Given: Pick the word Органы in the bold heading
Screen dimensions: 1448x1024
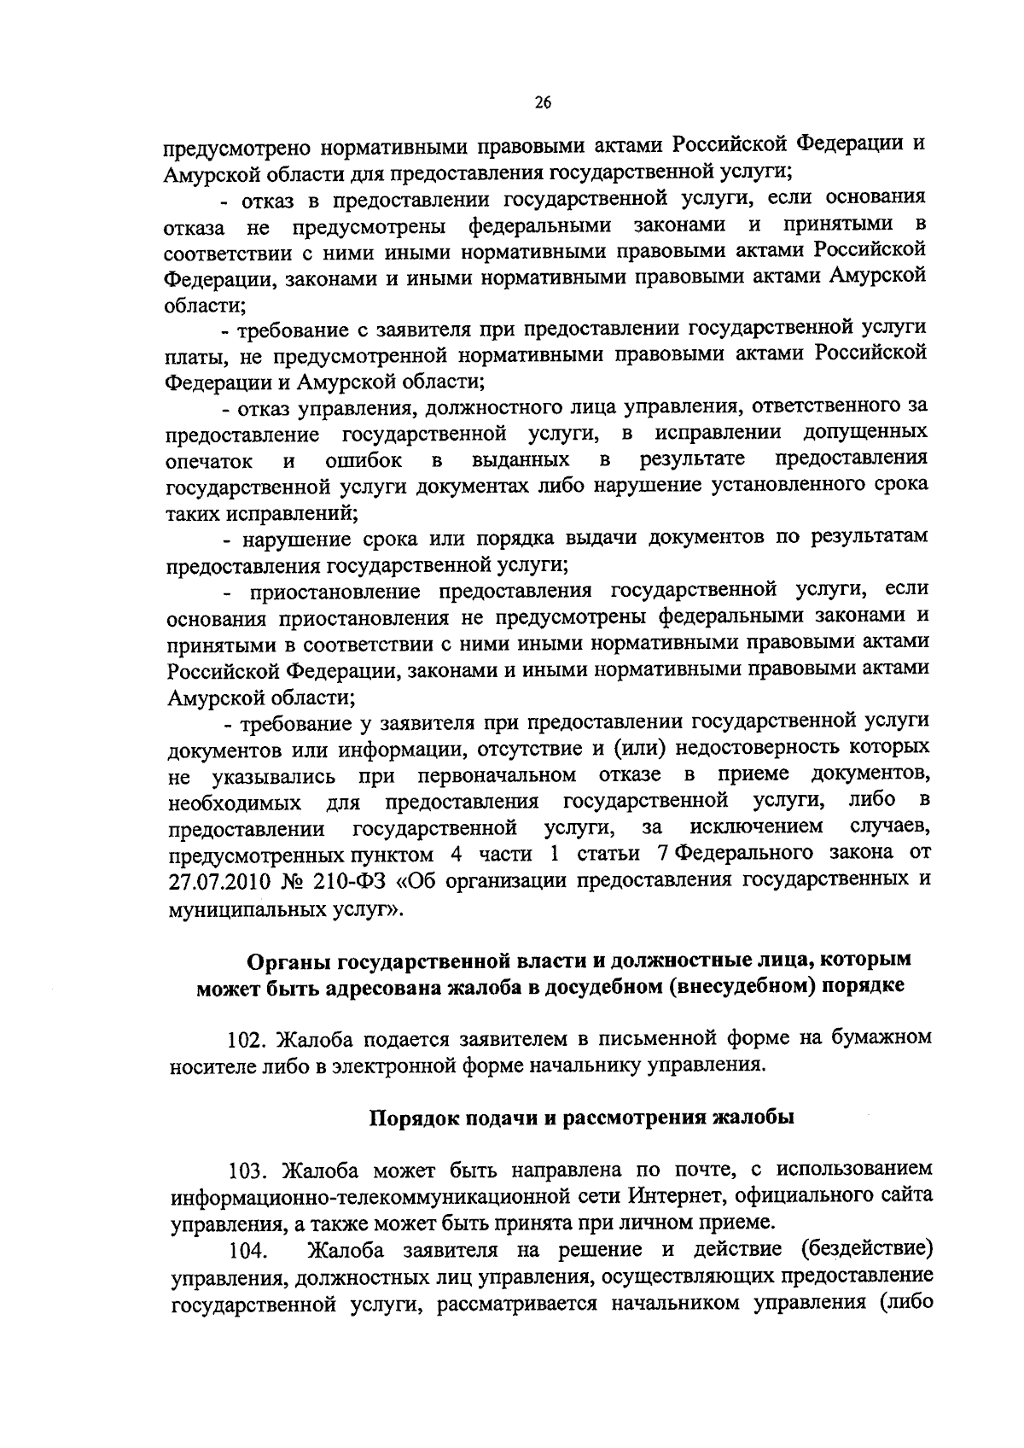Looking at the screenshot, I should pos(289,960).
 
